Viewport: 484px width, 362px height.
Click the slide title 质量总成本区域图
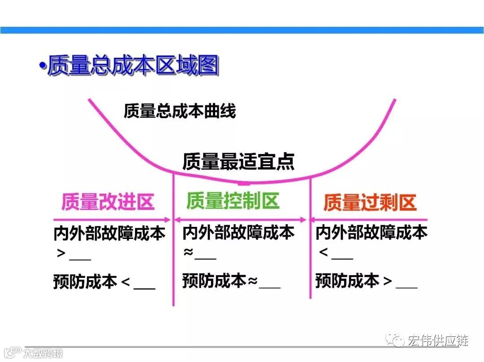(133, 66)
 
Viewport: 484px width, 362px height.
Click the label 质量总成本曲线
(180, 111)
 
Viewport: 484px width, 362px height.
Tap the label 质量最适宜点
(238, 162)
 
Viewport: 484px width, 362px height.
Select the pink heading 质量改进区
(108, 202)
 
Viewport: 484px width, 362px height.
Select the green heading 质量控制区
(233, 201)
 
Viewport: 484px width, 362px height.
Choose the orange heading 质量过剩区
(370, 203)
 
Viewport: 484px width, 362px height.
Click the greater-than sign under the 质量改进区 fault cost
(61, 254)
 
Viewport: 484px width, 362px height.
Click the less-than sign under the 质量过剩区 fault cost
(324, 253)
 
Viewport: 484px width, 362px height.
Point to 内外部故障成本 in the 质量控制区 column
(238, 233)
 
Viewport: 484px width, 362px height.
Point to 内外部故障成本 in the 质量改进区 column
(109, 233)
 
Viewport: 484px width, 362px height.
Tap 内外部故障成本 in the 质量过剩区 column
(372, 233)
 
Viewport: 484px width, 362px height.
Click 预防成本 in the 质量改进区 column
(85, 282)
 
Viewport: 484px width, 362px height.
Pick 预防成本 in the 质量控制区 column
(214, 281)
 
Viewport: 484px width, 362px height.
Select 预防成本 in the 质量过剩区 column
(347, 281)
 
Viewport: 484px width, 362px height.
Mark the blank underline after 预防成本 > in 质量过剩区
(406, 287)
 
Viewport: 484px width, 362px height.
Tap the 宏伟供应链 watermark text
(437, 341)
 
